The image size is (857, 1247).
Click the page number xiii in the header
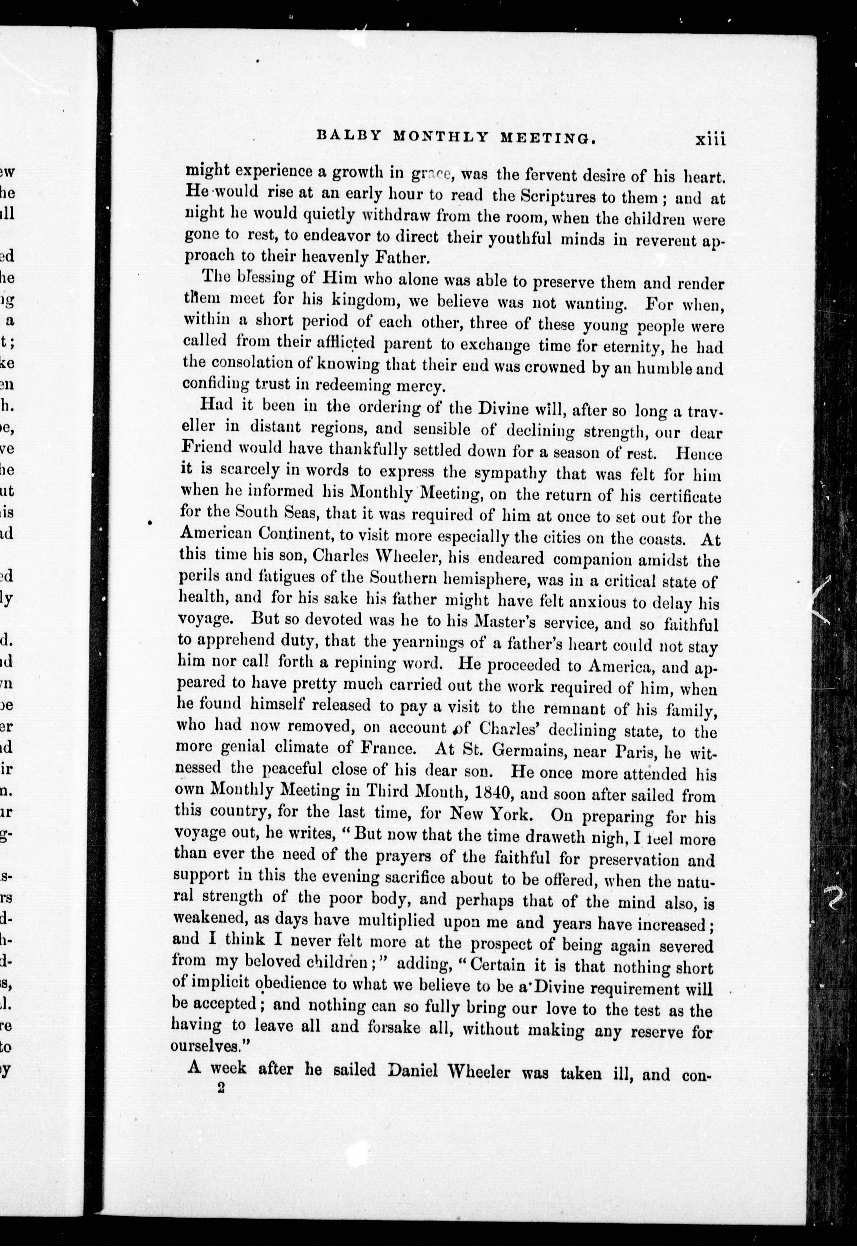710,140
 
